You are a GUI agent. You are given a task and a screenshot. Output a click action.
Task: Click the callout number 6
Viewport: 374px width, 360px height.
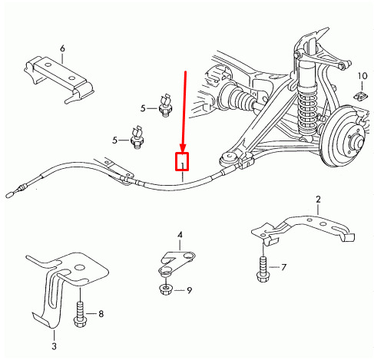(x=62, y=48)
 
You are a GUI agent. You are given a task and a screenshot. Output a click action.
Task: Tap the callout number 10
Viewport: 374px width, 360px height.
(x=362, y=76)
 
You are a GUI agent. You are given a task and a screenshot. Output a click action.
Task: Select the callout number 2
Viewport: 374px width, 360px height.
(x=318, y=200)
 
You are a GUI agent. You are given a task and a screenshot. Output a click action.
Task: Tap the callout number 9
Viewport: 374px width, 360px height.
(x=189, y=290)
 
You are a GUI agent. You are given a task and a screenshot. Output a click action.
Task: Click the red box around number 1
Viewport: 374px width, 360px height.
(x=182, y=161)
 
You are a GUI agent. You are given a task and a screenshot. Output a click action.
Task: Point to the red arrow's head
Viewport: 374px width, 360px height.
(x=183, y=148)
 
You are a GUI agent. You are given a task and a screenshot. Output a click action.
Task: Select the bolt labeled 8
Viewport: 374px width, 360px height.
(x=80, y=315)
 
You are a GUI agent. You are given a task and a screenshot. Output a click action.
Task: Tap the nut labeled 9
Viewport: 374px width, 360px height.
(x=166, y=289)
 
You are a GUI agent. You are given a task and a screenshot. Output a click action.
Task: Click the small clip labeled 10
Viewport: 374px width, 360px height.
(x=361, y=96)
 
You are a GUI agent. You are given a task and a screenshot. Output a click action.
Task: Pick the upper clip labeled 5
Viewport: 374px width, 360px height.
(x=166, y=105)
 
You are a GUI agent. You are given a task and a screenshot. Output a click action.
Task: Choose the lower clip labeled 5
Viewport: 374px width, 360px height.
(x=137, y=137)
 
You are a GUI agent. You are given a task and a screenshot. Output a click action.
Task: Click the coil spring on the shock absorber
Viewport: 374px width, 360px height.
(x=307, y=113)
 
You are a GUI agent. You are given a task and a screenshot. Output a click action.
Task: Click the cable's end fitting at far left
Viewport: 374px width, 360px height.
(x=9, y=194)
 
